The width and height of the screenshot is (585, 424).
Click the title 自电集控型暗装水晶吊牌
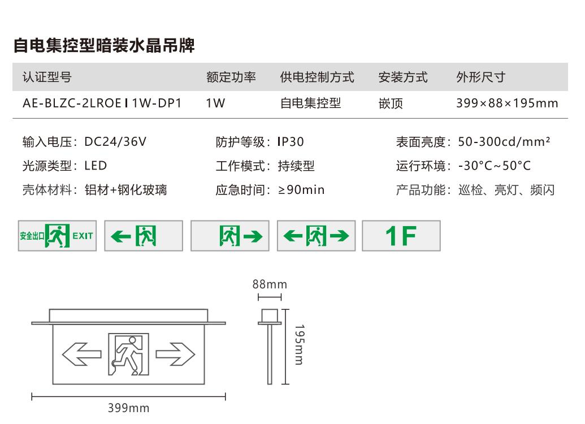(104, 46)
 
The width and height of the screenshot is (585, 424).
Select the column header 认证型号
(47, 77)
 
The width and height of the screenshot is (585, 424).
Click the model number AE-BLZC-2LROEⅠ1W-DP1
(102, 103)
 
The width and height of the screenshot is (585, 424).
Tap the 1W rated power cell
(215, 103)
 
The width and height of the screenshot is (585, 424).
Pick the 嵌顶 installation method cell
(391, 103)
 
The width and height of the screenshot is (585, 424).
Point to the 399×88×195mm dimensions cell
(506, 103)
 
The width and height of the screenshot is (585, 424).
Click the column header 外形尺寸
(480, 77)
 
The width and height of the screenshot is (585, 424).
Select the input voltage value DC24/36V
(115, 142)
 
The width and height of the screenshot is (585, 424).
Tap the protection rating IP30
(291, 142)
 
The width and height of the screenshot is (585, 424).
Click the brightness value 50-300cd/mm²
(504, 142)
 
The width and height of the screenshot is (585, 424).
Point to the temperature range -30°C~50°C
(494, 166)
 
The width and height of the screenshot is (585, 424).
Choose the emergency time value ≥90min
(301, 190)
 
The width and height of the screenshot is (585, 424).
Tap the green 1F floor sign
(401, 236)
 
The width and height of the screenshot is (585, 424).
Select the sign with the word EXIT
(57, 236)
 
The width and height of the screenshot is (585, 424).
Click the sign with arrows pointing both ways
(316, 236)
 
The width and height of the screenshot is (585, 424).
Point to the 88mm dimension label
(270, 284)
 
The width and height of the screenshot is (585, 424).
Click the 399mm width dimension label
(128, 408)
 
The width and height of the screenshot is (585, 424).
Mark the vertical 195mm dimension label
(299, 344)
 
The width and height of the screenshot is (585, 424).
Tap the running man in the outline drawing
(128, 354)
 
